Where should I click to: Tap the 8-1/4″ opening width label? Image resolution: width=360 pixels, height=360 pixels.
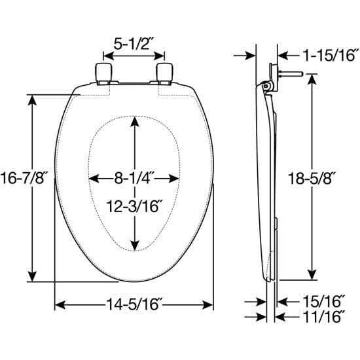(134, 178)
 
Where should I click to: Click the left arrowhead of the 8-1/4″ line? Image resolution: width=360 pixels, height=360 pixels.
(92, 178)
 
